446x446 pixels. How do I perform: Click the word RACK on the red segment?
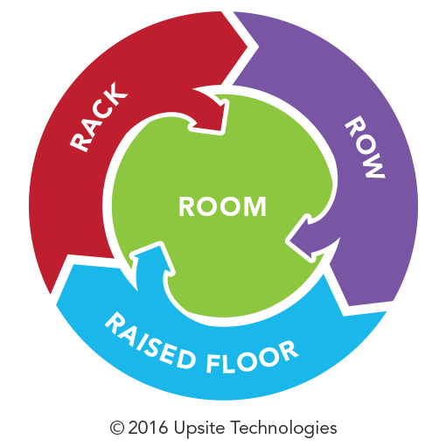tap(99, 116)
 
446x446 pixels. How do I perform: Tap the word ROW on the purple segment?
tap(366, 147)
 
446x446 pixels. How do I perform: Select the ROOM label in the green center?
tap(222, 206)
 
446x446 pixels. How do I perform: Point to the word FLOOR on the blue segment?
tap(252, 358)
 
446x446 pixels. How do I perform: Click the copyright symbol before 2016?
tap(117, 429)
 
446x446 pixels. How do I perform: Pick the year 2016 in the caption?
tap(148, 428)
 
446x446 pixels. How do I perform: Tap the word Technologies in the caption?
tap(284, 429)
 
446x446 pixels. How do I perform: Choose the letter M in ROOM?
tap(255, 206)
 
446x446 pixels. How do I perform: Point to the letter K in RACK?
tap(115, 92)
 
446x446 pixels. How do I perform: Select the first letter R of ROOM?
tap(186, 206)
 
